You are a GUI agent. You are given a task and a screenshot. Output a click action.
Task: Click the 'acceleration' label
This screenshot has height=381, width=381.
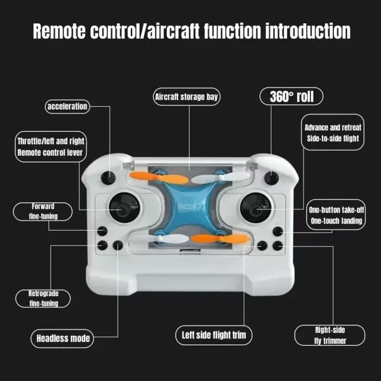(x=67, y=106)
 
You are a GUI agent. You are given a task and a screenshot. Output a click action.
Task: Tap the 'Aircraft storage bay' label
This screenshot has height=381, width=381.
(x=187, y=97)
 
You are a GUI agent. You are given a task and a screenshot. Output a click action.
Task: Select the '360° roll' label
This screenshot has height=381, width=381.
(x=291, y=96)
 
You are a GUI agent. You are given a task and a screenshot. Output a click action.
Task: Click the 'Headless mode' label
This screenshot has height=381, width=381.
(x=63, y=338)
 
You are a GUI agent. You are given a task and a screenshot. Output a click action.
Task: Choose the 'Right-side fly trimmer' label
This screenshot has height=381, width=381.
(x=329, y=335)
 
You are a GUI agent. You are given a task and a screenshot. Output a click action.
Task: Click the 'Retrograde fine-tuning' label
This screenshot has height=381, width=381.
(x=43, y=299)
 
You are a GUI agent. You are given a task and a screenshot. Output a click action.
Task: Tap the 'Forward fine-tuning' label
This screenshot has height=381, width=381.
(x=43, y=211)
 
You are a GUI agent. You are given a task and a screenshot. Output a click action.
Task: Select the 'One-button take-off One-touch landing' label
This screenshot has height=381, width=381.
(x=335, y=215)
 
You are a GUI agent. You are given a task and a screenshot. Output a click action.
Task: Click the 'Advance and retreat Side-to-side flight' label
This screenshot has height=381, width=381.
(x=332, y=132)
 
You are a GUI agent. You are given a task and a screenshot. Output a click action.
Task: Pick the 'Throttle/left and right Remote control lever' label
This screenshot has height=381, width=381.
(x=50, y=146)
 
